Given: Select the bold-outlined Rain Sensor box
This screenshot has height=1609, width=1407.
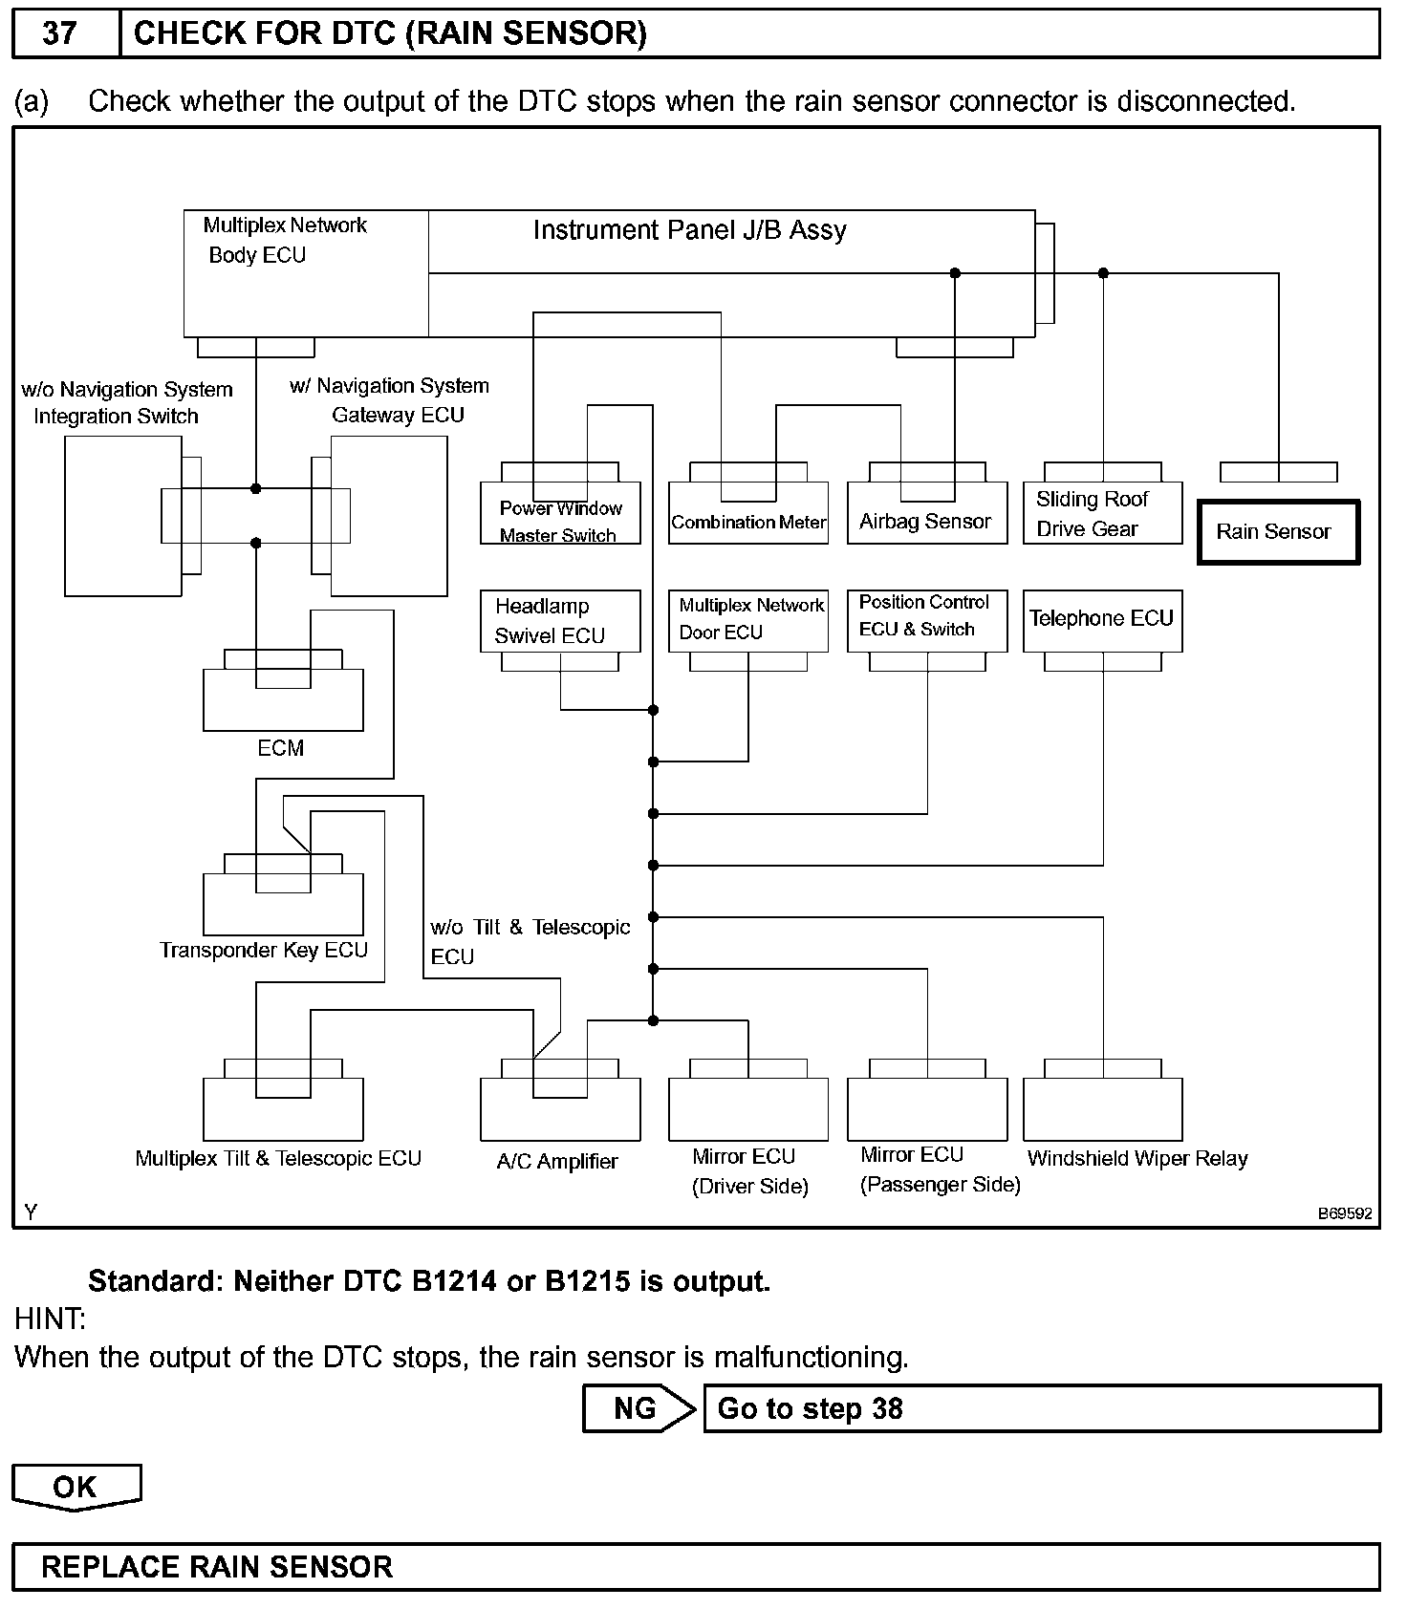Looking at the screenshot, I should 1277,532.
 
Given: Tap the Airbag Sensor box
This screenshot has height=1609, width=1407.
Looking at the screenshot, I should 926,522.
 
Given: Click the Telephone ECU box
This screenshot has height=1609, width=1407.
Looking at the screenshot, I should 1102,620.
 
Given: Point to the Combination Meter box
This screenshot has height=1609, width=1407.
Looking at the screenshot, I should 748,522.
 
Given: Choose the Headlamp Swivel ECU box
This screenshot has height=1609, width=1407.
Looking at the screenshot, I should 559,621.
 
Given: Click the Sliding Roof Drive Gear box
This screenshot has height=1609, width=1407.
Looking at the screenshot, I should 1102,514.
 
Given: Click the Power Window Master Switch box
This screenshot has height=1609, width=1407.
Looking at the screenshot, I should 560,522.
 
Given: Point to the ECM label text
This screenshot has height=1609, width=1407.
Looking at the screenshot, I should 281,748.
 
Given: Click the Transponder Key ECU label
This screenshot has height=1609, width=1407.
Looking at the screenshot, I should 264,951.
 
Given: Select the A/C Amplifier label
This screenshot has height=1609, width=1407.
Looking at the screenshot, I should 557,1162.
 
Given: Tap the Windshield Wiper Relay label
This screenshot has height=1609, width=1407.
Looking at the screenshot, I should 1137,1159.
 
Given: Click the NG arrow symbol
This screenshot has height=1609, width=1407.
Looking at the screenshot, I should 639,1409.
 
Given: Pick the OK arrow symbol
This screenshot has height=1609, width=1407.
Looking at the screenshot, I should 76,1488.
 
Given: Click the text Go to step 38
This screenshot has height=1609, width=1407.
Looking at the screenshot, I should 810,1409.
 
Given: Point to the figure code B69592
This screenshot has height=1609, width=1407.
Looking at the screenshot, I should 1345,1214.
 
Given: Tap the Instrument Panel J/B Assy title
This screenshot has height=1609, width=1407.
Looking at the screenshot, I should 689,231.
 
